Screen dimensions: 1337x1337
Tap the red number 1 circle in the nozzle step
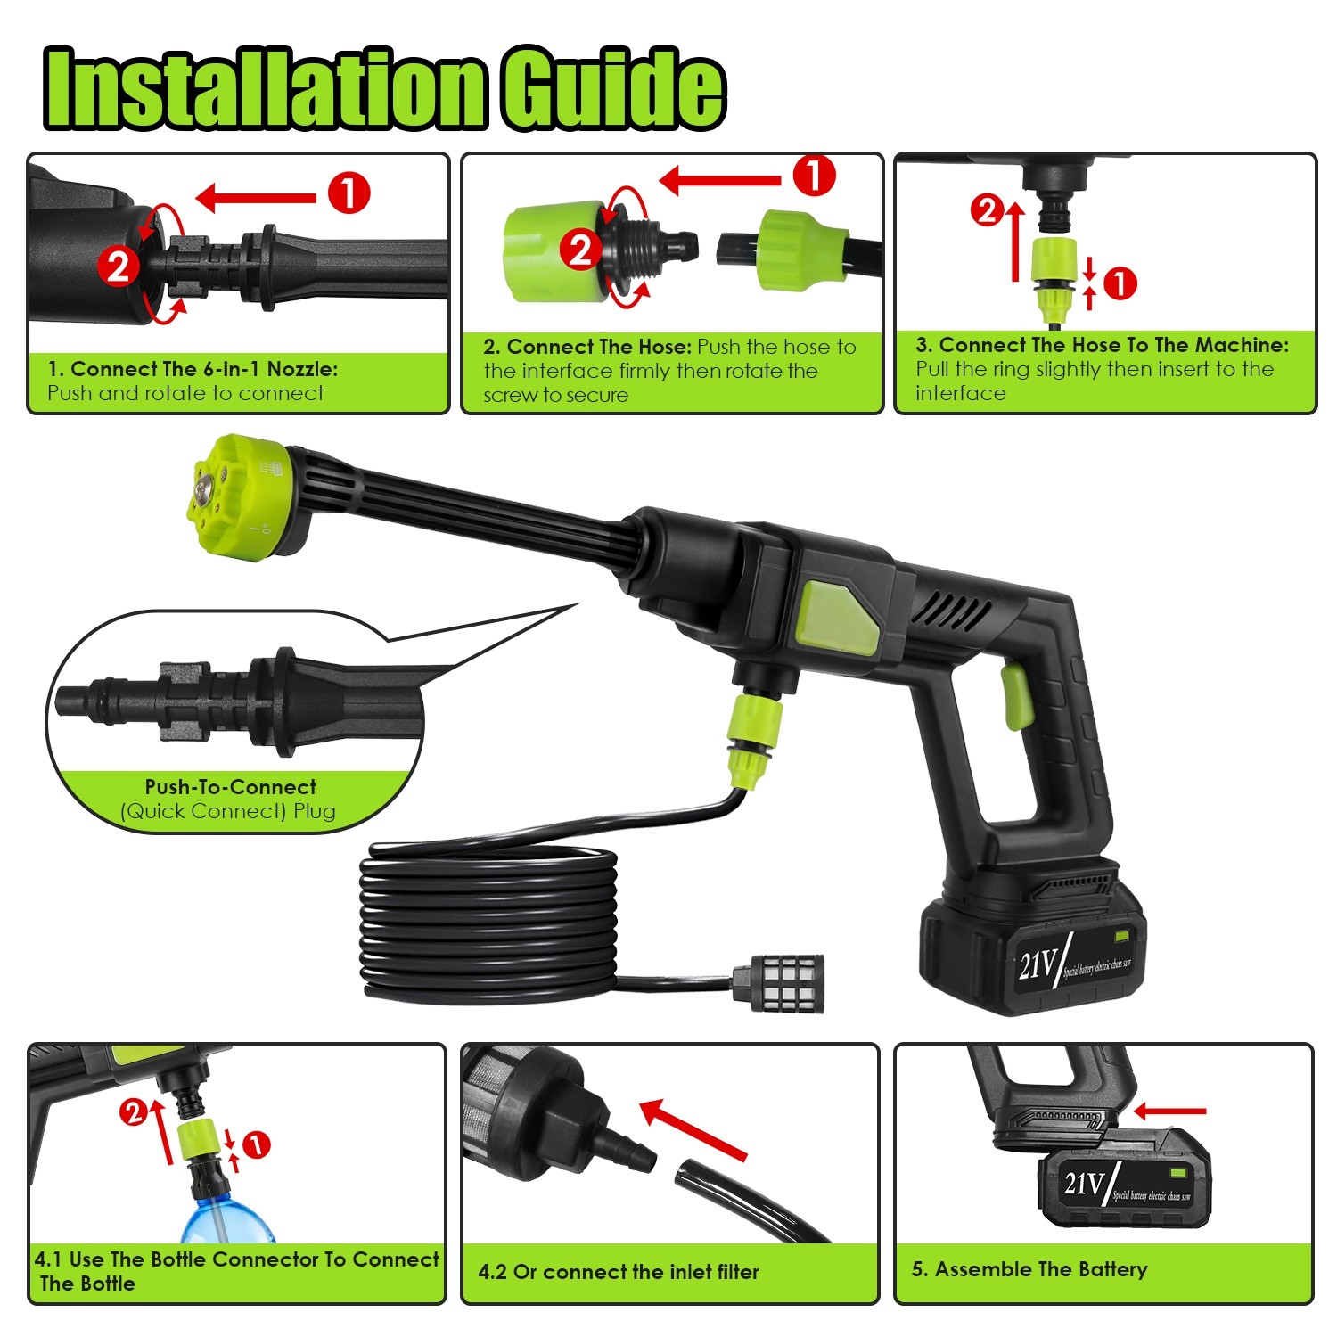(349, 193)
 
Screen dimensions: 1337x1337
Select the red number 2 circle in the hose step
(581, 250)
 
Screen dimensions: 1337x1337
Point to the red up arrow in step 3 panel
(1014, 241)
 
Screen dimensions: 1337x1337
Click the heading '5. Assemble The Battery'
(1029, 1269)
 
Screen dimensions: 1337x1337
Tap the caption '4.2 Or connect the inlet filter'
(619, 1272)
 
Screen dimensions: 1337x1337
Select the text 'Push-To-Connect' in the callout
(230, 787)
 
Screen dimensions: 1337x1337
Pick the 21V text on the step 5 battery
(1084, 1183)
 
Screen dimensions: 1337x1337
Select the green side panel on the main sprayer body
(837, 616)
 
